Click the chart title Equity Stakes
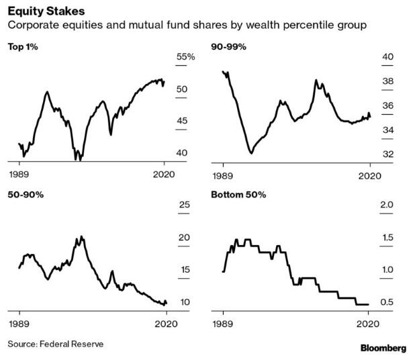pos(42,11)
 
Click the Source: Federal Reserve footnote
pos(56,344)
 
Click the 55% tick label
pos(185,58)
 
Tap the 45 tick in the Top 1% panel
pos(182,121)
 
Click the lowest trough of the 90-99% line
pos(250,153)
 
